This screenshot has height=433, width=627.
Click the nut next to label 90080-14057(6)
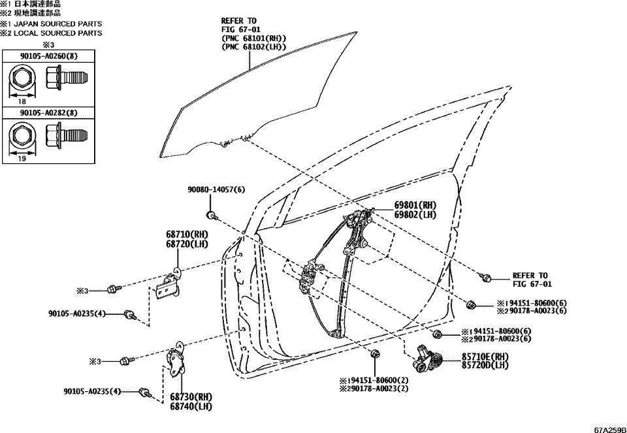(211, 215)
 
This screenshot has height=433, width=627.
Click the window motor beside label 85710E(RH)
(427, 362)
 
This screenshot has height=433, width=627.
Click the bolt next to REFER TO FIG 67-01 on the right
(486, 278)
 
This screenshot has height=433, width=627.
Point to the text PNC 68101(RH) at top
(255, 39)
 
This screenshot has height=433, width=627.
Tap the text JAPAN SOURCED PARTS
(59, 24)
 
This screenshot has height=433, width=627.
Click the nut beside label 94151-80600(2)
(374, 355)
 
